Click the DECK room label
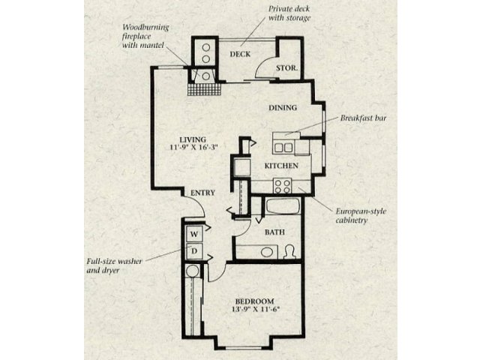click(x=239, y=54)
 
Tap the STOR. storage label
click(x=289, y=67)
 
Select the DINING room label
click(x=283, y=108)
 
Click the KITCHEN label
click(x=282, y=166)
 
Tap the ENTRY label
click(x=203, y=193)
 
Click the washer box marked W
click(x=192, y=233)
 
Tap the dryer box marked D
click(x=192, y=251)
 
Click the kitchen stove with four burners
click(x=283, y=184)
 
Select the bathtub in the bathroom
click(x=283, y=207)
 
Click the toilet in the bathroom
click(x=289, y=251)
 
